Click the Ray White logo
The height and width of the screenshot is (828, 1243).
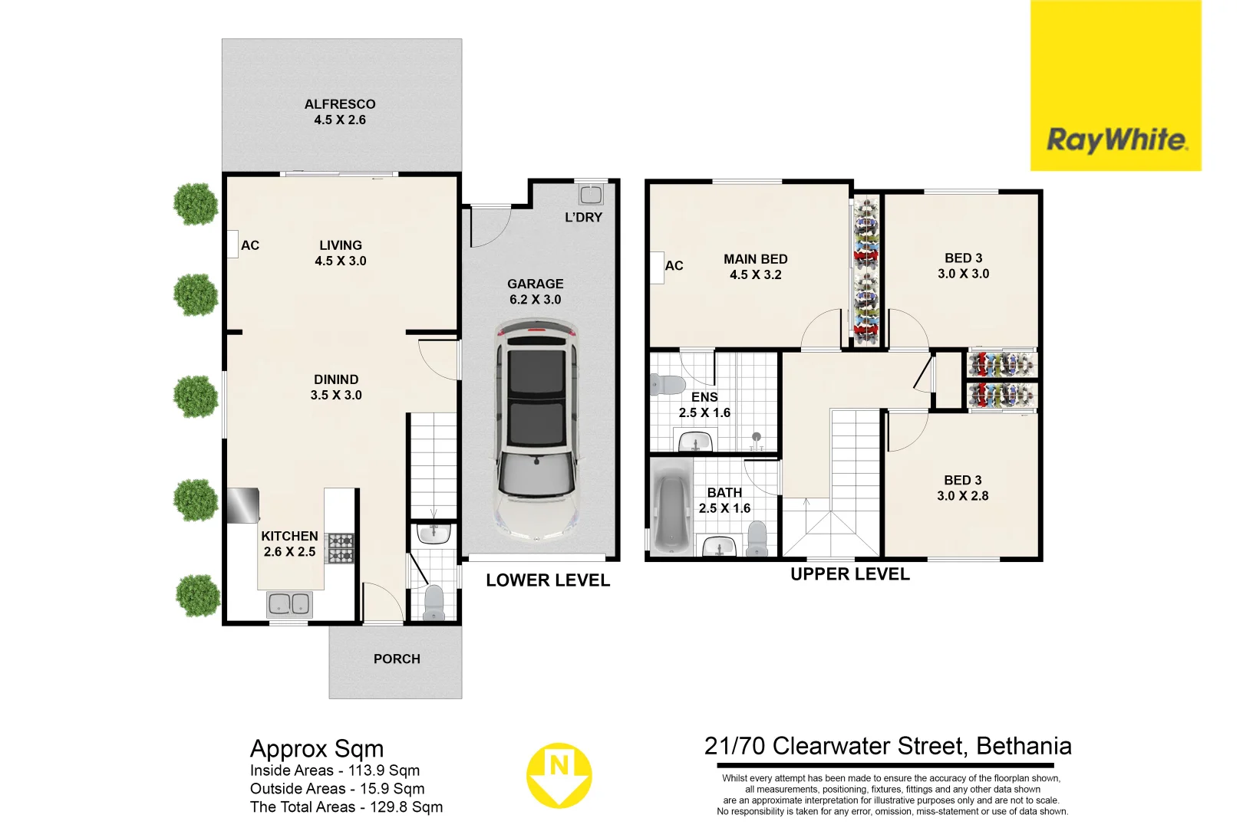[x=1116, y=140]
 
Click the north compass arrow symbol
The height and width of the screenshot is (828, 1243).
[x=559, y=775]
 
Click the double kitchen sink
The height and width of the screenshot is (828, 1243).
[x=289, y=604]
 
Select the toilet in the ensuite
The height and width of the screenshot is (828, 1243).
[x=667, y=384]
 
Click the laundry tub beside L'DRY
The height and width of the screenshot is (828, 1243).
[x=591, y=194]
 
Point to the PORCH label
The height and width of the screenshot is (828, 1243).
[x=397, y=659]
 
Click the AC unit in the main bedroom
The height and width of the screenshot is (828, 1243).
[x=657, y=268]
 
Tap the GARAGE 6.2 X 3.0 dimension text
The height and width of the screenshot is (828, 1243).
[x=536, y=299]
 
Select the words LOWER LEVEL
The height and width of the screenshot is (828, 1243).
[x=548, y=580]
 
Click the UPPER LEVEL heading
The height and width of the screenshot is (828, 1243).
[x=850, y=574]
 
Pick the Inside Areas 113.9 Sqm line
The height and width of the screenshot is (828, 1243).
[x=335, y=770]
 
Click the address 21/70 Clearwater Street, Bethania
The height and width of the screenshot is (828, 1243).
[x=888, y=746]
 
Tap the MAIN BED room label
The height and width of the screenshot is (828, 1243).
[x=756, y=259]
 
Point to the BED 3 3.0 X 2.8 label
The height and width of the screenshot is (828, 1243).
[x=963, y=488]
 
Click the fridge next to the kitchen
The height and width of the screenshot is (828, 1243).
[x=242, y=505]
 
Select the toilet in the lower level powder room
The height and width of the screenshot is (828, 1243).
[x=434, y=603]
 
